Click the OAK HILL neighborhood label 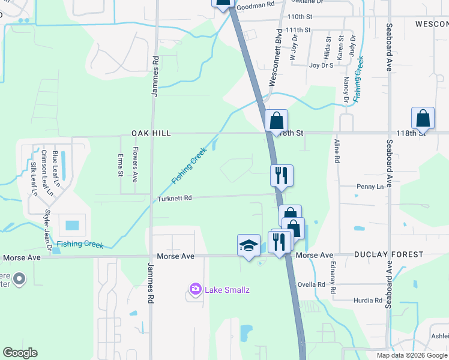click(x=151, y=133)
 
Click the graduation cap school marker click(x=249, y=245)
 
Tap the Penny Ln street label click(x=370, y=187)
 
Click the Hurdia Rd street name click(x=368, y=300)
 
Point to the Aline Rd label click(x=337, y=152)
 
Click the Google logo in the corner click(x=20, y=353)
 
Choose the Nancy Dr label click(x=346, y=89)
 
